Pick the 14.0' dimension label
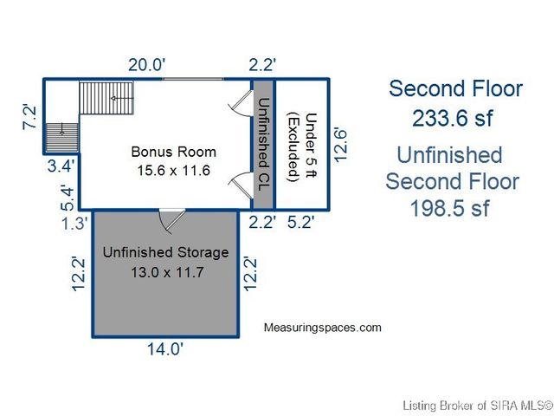pos(164,349)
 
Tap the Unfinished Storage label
pos(165,253)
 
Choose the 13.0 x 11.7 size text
pos(165,272)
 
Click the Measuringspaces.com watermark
pos(322,328)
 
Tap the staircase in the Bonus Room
pos(108,97)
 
